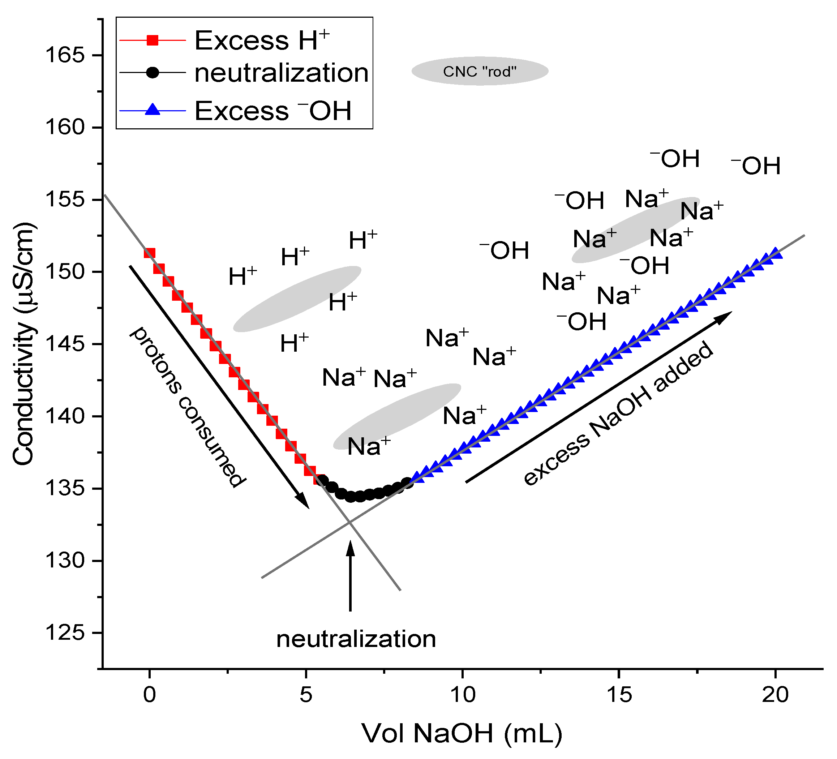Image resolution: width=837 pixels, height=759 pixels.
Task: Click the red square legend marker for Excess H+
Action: pyautogui.click(x=153, y=40)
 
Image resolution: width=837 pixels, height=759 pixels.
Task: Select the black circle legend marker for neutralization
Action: pyautogui.click(x=153, y=73)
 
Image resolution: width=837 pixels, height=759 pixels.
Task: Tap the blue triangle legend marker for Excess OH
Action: pyautogui.click(x=153, y=110)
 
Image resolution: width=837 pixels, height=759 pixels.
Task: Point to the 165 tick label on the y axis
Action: pyautogui.click(x=65, y=55)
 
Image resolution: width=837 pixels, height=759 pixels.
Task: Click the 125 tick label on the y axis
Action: pyautogui.click(x=65, y=633)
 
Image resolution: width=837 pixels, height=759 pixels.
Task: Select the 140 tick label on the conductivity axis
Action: pyautogui.click(x=65, y=416)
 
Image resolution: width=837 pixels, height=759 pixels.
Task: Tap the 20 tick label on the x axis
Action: pyautogui.click(x=775, y=694)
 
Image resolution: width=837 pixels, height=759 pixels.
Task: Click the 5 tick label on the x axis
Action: pyautogui.click(x=306, y=694)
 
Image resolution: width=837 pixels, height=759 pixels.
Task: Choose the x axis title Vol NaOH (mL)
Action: pyautogui.click(x=462, y=733)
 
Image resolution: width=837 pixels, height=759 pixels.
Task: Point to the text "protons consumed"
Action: pyautogui.click(x=187, y=407)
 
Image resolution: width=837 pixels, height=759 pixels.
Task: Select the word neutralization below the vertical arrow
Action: pyautogui.click(x=356, y=639)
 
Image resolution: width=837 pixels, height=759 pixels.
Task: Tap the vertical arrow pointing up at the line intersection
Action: pyautogui.click(x=351, y=577)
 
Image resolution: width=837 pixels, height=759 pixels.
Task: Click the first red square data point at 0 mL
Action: pyautogui.click(x=150, y=253)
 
